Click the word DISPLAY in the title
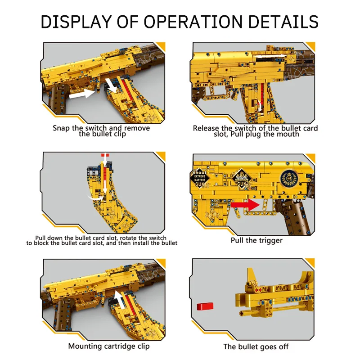click(x=76, y=22)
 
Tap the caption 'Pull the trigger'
click(x=256, y=240)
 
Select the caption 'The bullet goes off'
click(x=256, y=346)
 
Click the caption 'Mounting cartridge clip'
click(x=109, y=346)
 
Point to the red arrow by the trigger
click(x=247, y=204)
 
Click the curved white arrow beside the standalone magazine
click(x=95, y=196)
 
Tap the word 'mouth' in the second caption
click(x=288, y=134)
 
